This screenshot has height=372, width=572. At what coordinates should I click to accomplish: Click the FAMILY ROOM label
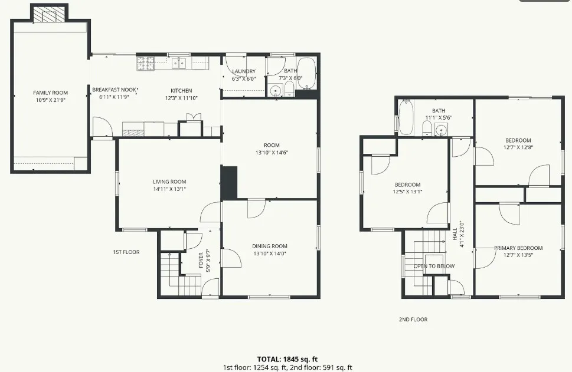(50, 93)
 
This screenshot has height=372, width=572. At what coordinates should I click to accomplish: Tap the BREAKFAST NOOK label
(114, 90)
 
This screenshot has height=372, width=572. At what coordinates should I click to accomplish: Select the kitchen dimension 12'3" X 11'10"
(181, 98)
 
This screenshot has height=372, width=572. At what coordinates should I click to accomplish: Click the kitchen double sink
(179, 64)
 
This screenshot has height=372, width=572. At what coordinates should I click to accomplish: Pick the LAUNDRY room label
(244, 71)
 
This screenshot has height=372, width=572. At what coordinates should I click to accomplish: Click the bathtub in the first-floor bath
(307, 73)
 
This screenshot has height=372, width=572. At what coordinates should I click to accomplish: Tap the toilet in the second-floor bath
(427, 129)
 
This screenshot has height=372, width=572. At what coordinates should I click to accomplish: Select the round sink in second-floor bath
(441, 130)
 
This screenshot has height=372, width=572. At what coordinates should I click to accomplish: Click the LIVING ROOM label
(169, 182)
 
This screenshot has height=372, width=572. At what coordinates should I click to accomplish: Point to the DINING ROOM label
(270, 246)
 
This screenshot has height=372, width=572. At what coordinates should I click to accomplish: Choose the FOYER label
(201, 260)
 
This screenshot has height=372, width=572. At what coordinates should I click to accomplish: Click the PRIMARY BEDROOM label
(518, 248)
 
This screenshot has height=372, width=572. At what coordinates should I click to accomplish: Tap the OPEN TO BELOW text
(434, 266)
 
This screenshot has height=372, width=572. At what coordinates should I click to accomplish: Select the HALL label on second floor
(455, 234)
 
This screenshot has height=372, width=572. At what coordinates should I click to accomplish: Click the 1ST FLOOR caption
(126, 252)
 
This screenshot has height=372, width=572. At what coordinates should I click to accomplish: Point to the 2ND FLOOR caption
(413, 320)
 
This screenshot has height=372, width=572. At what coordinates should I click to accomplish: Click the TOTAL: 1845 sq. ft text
(287, 359)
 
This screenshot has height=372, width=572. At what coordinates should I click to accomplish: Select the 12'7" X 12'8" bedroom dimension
(518, 147)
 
